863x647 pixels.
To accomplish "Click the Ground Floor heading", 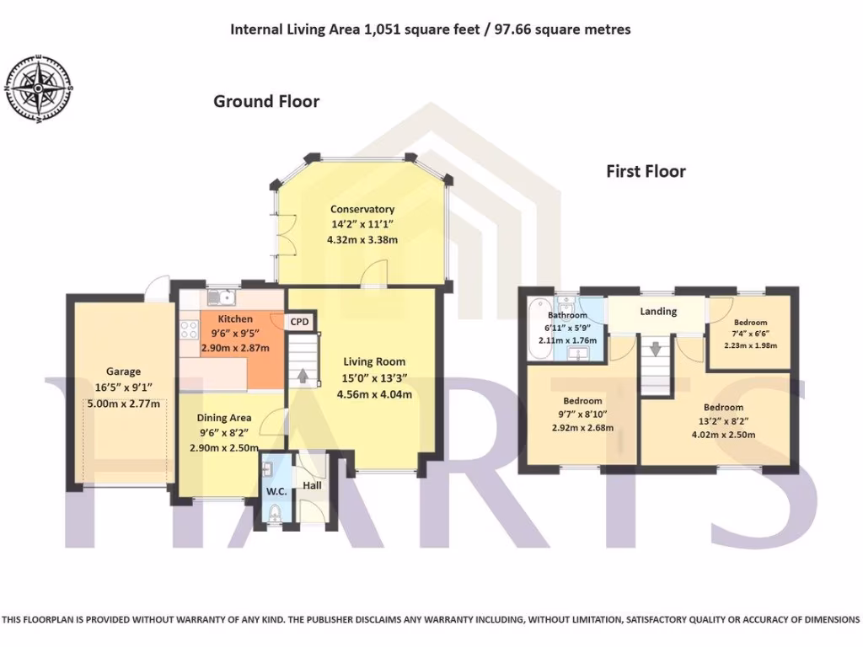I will (x=266, y=102).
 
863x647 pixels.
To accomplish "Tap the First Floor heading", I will (x=646, y=172).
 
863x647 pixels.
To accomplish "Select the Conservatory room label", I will (x=362, y=209).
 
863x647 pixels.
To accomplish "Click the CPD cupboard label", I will (x=299, y=322).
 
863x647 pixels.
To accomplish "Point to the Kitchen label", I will (x=235, y=319).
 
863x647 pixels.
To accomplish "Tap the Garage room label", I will (x=123, y=371).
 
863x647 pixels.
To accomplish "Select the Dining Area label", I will (x=224, y=417).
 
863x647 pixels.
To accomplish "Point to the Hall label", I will (x=312, y=486).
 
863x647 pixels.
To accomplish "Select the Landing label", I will (x=658, y=312).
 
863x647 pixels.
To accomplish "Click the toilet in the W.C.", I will (x=274, y=513).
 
